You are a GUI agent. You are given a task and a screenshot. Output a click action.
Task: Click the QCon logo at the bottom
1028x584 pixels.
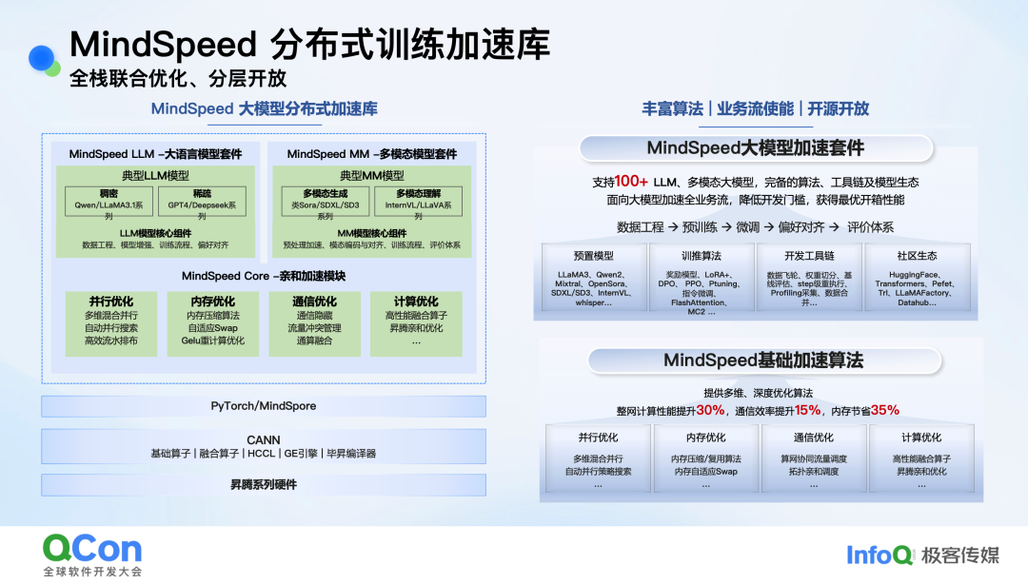[91, 548]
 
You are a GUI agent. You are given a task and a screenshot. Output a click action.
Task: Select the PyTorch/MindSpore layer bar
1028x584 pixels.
[263, 406]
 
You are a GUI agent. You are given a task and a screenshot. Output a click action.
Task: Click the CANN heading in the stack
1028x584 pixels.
[263, 439]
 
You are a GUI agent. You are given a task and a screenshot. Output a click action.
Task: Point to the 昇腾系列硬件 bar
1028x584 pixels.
[263, 484]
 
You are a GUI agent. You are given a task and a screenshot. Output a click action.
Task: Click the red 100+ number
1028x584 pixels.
[631, 182]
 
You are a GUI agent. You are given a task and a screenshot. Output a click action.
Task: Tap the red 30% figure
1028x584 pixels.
[710, 410]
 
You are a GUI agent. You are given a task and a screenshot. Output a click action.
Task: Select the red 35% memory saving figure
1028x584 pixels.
[884, 410]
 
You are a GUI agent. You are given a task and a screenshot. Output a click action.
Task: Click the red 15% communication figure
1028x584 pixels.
[807, 410]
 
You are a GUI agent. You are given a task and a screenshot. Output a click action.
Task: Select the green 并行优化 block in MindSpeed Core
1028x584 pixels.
[110, 321]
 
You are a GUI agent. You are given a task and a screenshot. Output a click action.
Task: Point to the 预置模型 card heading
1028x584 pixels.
[594, 256]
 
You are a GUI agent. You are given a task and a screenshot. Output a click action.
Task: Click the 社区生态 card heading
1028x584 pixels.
[917, 256]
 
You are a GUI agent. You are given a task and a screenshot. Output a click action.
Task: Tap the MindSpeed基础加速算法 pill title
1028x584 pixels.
[763, 360]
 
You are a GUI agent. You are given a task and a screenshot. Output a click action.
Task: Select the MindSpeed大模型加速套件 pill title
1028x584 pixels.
[756, 148]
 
